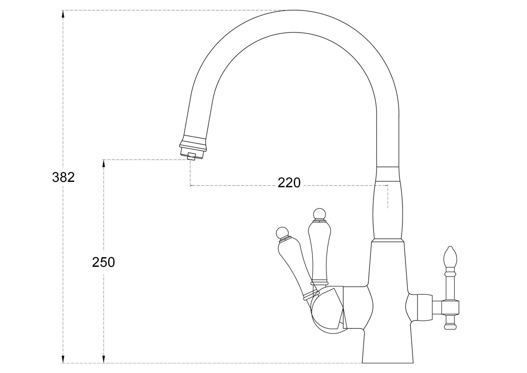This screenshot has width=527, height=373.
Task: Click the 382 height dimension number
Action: (x=63, y=177)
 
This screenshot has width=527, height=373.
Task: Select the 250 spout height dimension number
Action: (x=103, y=262)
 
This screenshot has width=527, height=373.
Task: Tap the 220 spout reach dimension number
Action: (x=289, y=183)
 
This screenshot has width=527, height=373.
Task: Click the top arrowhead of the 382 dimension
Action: (x=63, y=14)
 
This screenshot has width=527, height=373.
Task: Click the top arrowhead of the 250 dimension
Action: (x=103, y=164)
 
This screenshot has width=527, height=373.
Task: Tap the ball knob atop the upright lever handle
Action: (x=319, y=214)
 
